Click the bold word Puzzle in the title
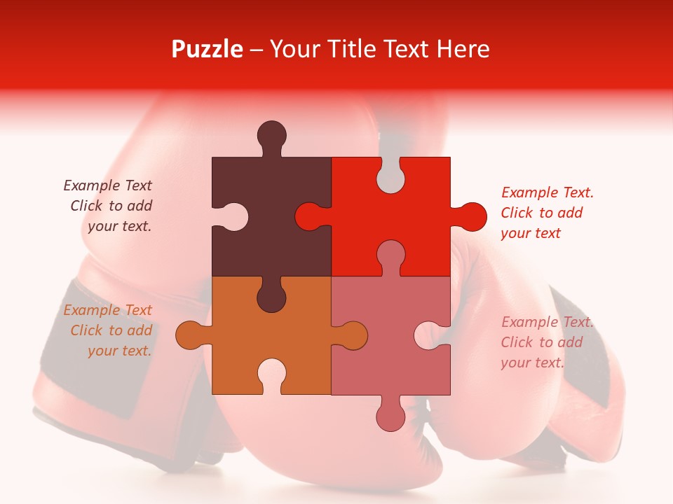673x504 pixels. [x=207, y=49]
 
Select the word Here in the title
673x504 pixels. [x=463, y=49]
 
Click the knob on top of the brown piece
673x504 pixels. [x=271, y=134]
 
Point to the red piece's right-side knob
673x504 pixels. [x=471, y=216]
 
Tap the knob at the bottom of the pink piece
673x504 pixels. [x=390, y=416]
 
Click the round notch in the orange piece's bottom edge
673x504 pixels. [x=271, y=374]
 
